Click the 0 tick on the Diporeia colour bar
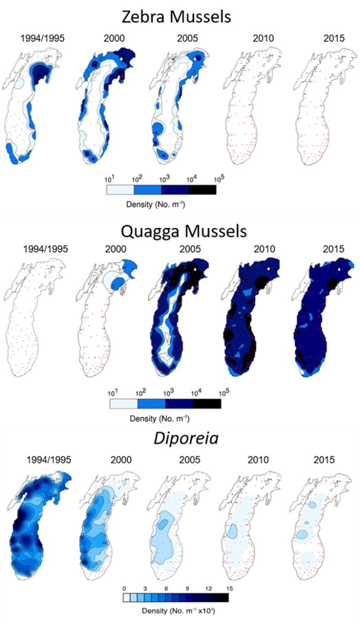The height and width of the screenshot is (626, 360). [x=124, y=588]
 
